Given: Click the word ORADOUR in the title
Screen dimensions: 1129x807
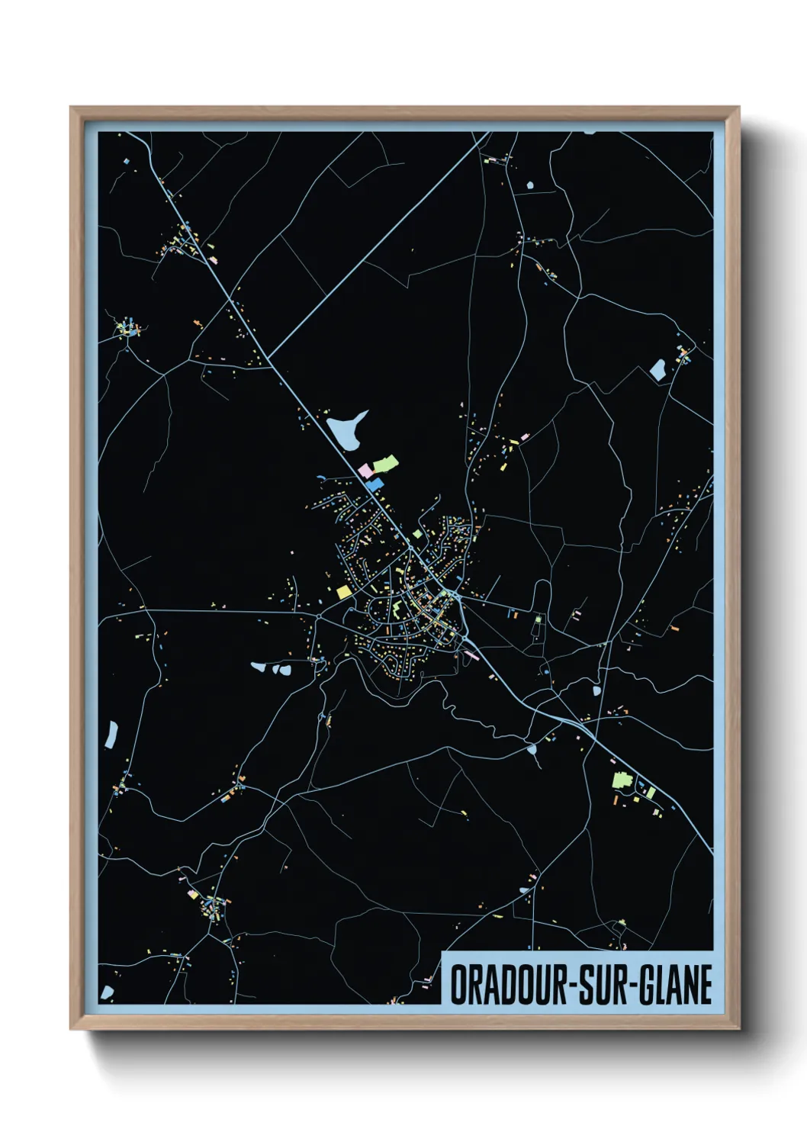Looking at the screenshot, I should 504,985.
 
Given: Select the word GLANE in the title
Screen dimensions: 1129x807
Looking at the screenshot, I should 672,985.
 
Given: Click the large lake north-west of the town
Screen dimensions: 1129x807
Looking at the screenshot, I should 346,431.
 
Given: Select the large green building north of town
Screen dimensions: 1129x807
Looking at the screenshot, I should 384,463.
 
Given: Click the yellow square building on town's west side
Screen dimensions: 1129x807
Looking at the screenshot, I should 342,591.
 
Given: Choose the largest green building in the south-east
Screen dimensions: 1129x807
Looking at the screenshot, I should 619,780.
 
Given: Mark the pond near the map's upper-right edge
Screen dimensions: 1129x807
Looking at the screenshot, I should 657,370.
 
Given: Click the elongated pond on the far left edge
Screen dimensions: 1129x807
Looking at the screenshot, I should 113,734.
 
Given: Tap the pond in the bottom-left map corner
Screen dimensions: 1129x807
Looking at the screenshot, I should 107,992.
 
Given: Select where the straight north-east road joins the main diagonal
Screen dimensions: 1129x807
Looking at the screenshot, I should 269,358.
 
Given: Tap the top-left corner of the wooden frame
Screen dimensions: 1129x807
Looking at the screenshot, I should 72,108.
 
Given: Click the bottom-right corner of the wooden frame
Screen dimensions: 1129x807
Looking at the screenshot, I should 738,1028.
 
